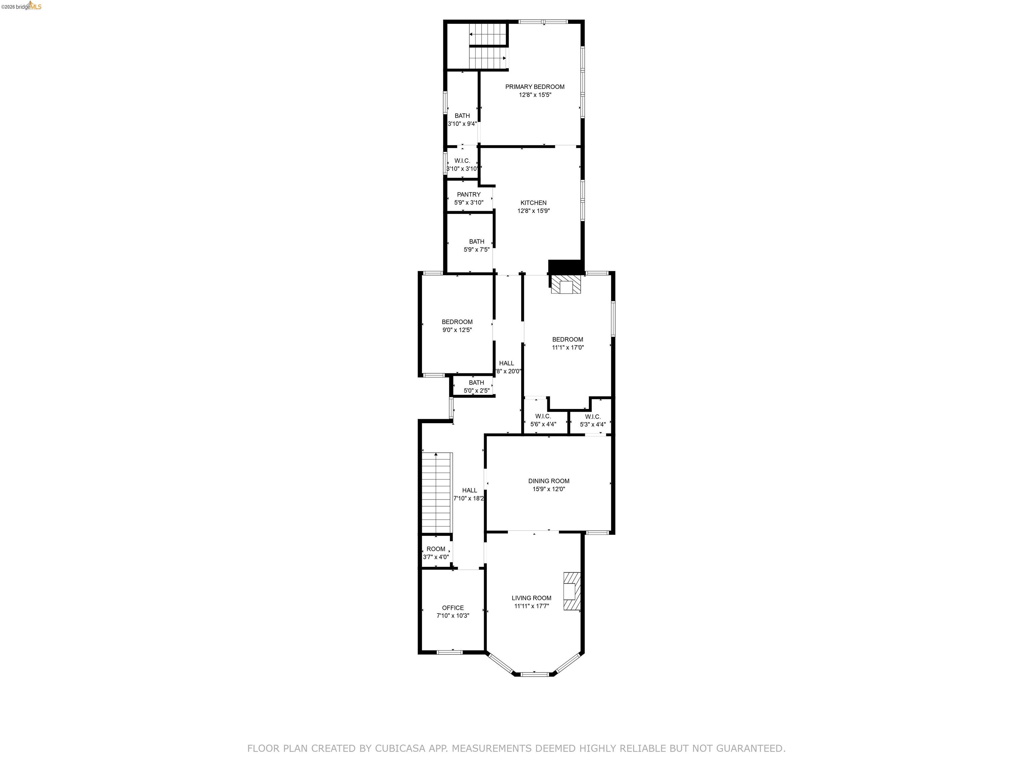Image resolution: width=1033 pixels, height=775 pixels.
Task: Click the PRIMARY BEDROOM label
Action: point(535,87)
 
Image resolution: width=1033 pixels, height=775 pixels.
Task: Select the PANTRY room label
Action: point(468,195)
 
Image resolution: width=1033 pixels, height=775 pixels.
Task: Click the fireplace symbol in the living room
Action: point(572,591)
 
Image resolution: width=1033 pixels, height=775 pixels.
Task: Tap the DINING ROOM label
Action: point(549,481)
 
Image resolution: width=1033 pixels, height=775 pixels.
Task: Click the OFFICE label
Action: point(453,608)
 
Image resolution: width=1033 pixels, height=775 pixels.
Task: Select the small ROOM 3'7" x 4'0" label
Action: point(436,549)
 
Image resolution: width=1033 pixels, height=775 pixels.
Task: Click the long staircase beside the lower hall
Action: point(437,492)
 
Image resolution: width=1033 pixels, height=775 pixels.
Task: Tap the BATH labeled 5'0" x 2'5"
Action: point(476,387)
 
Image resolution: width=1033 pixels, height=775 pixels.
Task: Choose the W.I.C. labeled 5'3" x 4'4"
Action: point(592,420)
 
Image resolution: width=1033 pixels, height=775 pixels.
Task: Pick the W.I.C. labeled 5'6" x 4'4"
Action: point(543,420)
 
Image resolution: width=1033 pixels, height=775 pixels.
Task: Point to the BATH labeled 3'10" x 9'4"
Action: point(462,120)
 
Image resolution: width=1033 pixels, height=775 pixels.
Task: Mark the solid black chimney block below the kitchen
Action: point(566,267)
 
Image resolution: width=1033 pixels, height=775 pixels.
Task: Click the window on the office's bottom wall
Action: point(450,652)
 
